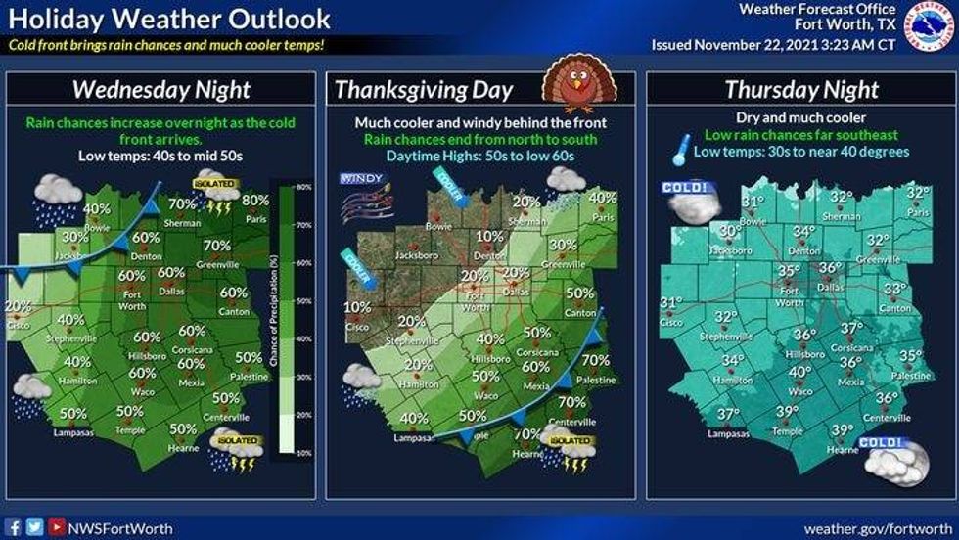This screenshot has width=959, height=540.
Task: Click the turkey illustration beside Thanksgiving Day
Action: click(570, 79)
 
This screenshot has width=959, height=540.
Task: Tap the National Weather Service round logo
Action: click(929, 26)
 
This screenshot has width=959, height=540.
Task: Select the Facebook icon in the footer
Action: click(15, 527)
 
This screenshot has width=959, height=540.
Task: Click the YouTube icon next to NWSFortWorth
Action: click(57, 527)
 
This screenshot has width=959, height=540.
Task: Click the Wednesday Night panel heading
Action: click(161, 90)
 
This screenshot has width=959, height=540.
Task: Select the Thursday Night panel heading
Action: click(801, 90)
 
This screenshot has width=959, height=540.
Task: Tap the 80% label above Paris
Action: click(254, 200)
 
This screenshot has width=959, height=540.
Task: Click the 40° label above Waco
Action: click(800, 372)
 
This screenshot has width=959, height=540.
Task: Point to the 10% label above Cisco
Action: click(357, 306)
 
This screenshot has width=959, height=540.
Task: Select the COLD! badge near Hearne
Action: click(889, 456)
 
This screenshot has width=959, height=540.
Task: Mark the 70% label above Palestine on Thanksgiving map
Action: click(595, 360)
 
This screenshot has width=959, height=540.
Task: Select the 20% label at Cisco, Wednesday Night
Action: click(18, 305)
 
